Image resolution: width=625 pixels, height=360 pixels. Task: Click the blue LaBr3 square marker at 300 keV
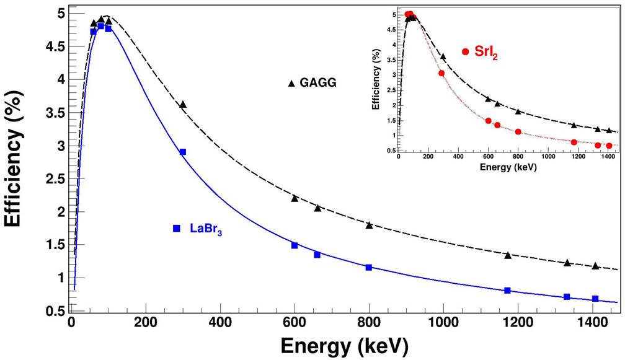(183, 152)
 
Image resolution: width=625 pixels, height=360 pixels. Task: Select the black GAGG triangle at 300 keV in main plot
(183, 105)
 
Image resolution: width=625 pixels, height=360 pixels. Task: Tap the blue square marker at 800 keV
(369, 267)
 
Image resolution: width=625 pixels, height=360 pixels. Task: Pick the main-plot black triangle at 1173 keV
(508, 255)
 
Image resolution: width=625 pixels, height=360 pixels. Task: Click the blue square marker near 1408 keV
(595, 299)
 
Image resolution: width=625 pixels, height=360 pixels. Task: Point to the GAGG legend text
(318, 82)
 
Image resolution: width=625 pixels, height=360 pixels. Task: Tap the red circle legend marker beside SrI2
(466, 51)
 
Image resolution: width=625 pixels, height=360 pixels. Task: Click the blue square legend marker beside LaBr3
(177, 228)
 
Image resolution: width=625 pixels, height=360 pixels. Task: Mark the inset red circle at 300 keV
(441, 73)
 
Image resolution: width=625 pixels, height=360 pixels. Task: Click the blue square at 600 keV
(295, 245)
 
